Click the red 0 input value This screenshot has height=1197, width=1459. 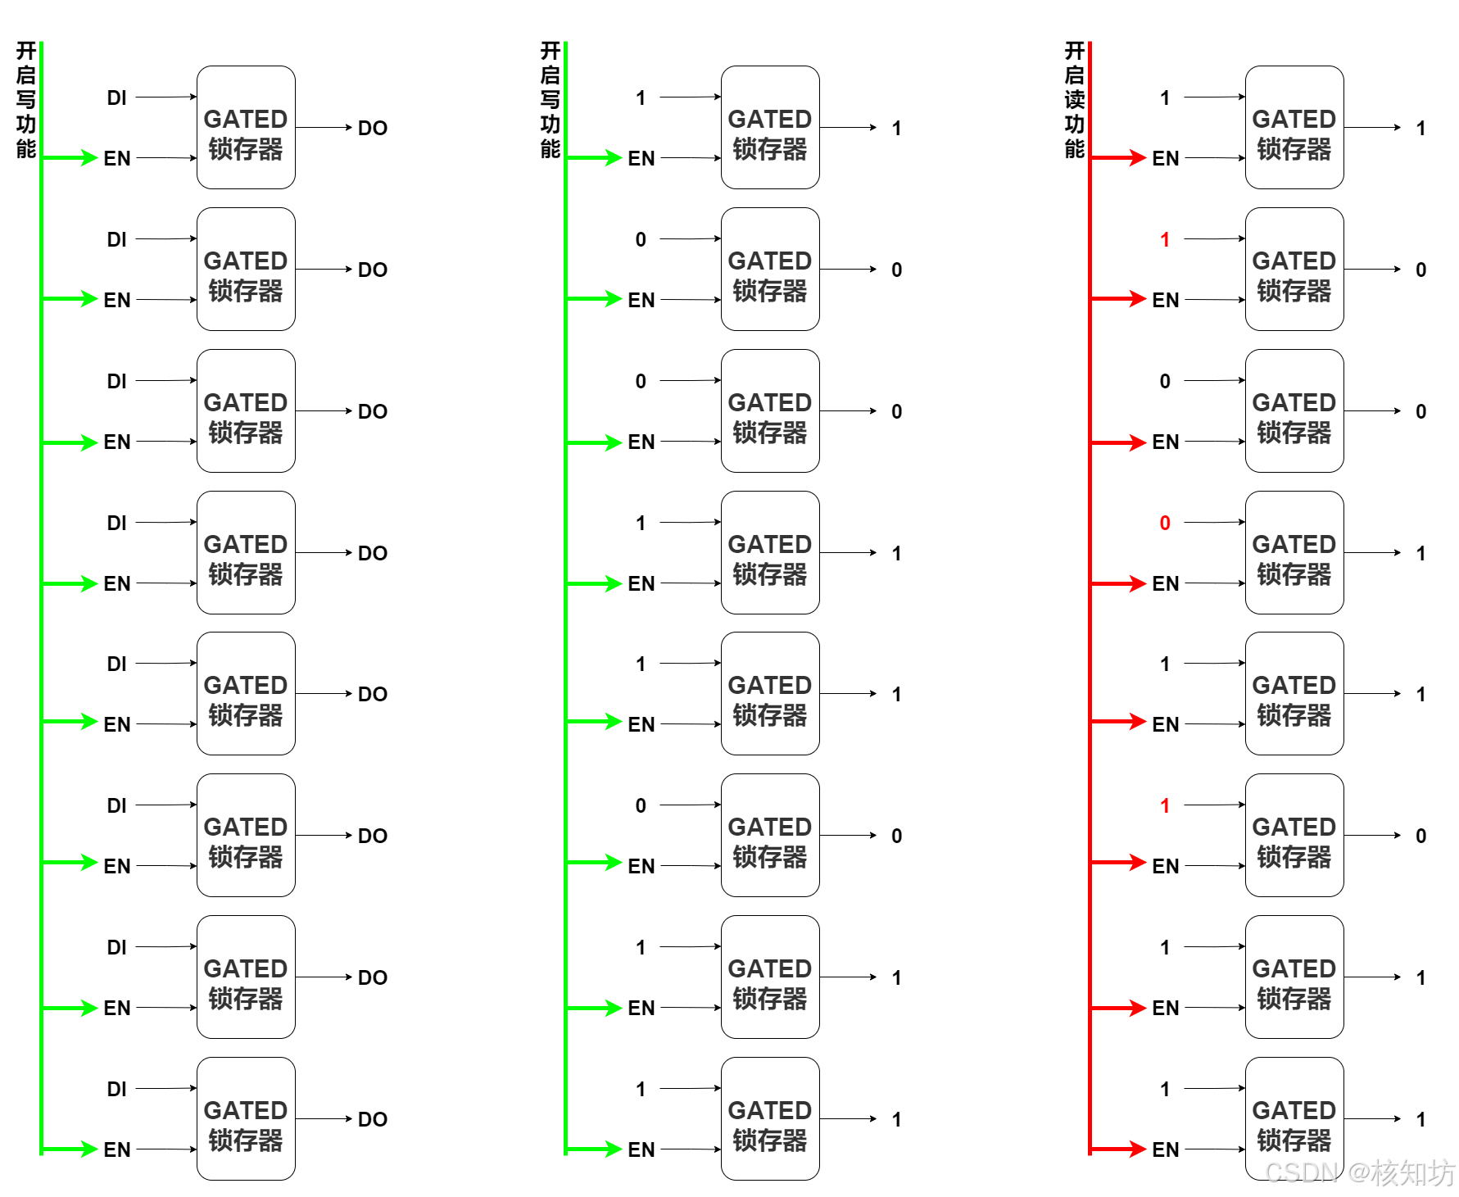click(1164, 523)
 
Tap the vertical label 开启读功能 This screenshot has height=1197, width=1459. click(1074, 100)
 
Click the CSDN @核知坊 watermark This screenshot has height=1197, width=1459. click(1360, 1172)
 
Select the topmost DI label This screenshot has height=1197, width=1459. click(116, 98)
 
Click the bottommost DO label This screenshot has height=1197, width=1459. click(372, 1119)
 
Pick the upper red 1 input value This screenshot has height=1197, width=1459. click(1164, 240)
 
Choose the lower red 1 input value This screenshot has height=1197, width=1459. click(1164, 806)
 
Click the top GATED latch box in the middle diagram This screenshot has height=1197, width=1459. click(770, 128)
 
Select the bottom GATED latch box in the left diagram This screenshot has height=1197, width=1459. click(246, 1119)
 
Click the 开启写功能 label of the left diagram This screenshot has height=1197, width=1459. click(25, 100)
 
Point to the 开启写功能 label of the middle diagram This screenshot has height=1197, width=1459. click(550, 100)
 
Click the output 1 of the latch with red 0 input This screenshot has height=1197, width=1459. click(1420, 554)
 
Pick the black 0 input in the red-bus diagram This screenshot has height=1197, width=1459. click(1164, 382)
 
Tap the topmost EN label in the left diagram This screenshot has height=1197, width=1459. click(116, 159)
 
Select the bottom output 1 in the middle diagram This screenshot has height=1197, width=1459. click(896, 1120)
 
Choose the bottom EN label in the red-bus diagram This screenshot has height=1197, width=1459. click(1165, 1150)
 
